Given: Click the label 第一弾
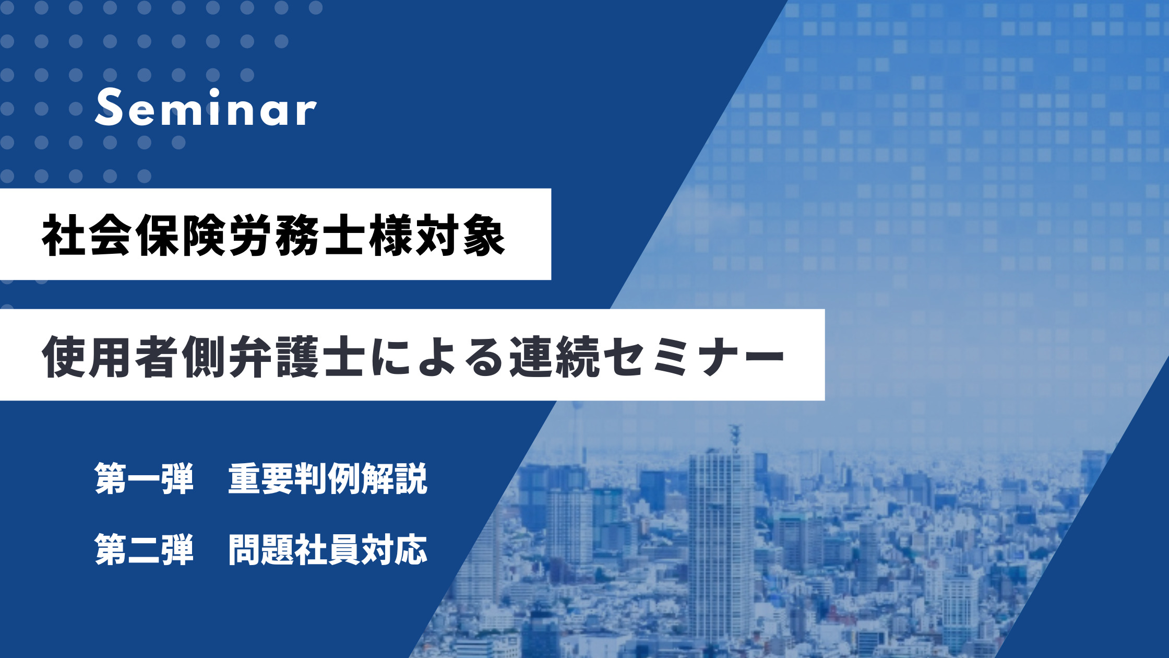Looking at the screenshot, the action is pos(144,478).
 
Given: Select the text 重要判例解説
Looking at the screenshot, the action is pos(328,478).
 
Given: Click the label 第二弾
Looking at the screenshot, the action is pos(144,549).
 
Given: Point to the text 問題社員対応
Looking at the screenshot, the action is pos(328,549).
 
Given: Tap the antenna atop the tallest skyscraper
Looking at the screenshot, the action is pos(735,436).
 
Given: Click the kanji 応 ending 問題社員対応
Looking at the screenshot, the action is pos(411,549).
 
